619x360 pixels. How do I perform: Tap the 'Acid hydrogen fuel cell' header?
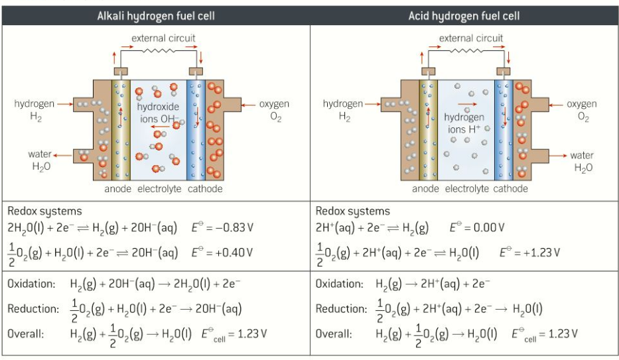tap(464, 15)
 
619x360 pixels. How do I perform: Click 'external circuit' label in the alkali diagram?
tap(163, 38)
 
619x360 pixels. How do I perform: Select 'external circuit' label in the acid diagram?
tap(471, 38)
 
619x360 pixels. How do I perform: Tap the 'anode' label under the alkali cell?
tap(117, 189)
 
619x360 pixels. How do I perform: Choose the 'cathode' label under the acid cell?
tap(510, 189)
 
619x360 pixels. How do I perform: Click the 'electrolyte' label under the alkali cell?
tap(159, 189)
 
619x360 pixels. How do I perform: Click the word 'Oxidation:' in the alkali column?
tap(31, 284)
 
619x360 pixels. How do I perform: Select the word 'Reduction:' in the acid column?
tap(340, 309)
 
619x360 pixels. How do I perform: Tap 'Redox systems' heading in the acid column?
tap(353, 211)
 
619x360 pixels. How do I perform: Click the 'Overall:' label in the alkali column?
tap(26, 333)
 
